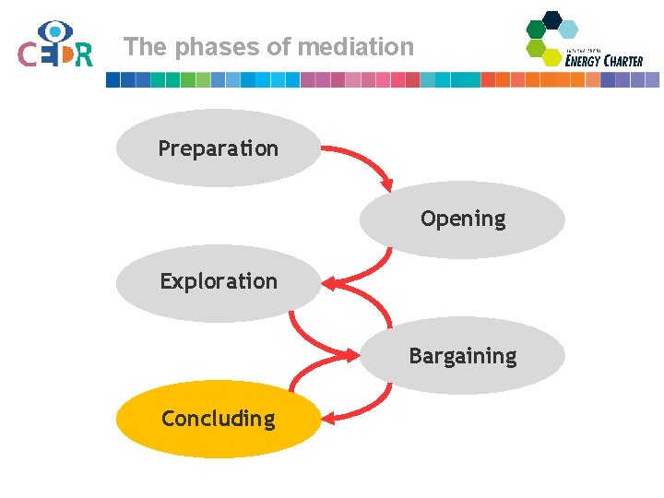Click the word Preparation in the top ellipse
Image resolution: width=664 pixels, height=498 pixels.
click(x=218, y=148)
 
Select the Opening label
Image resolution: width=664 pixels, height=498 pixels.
click(x=463, y=219)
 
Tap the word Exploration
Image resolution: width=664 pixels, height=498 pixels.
click(x=219, y=281)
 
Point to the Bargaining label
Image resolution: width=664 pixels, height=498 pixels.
click(x=463, y=356)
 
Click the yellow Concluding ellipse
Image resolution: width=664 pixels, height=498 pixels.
click(x=218, y=419)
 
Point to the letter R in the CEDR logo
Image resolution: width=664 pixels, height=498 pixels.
click(x=84, y=56)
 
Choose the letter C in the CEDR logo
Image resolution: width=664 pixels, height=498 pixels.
click(x=28, y=56)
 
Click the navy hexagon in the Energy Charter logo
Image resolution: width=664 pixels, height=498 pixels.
click(x=552, y=19)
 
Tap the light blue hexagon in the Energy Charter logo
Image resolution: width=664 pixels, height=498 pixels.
click(x=569, y=29)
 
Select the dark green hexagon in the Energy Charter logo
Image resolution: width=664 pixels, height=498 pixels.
click(x=536, y=29)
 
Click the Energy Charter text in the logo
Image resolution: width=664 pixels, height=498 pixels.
click(x=604, y=61)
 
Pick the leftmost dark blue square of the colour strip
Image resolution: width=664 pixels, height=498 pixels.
click(x=113, y=80)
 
